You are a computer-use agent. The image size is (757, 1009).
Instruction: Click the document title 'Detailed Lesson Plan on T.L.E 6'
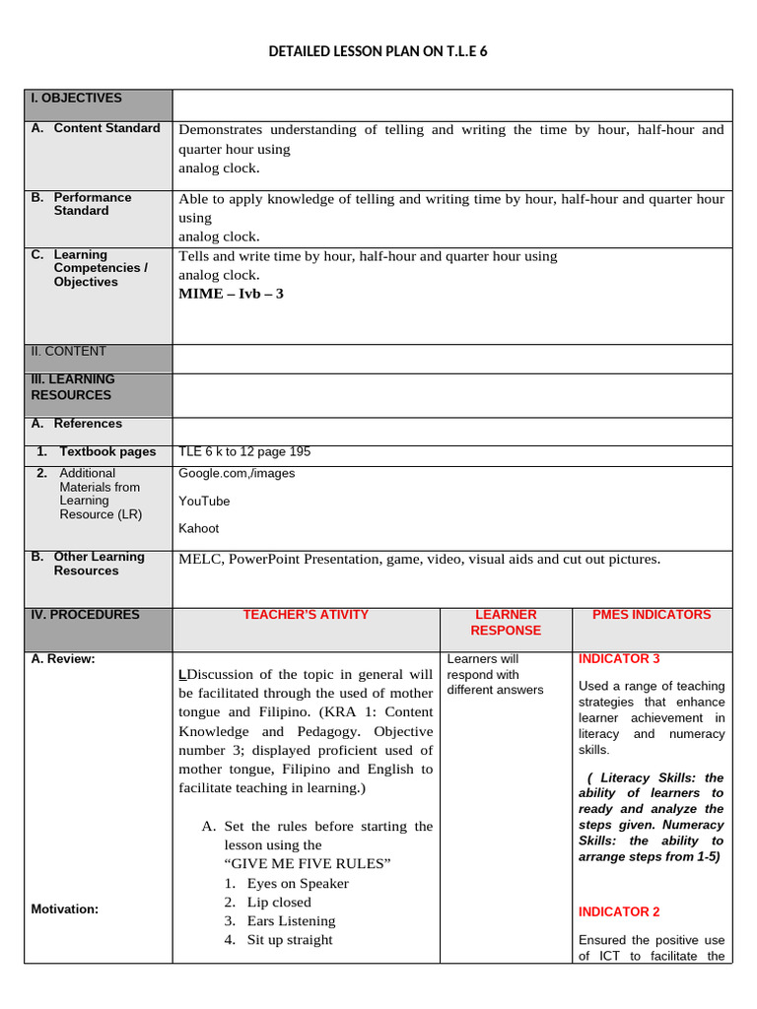pyautogui.click(x=378, y=50)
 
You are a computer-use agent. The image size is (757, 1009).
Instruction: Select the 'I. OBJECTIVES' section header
pyautogui.click(x=77, y=99)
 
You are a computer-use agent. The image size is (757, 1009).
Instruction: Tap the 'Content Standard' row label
pyautogui.click(x=106, y=128)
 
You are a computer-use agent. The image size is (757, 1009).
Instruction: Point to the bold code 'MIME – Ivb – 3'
pyautogui.click(x=231, y=294)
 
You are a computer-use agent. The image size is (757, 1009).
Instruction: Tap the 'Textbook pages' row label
pyautogui.click(x=107, y=452)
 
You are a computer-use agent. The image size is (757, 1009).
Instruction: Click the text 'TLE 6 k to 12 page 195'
pyautogui.click(x=244, y=452)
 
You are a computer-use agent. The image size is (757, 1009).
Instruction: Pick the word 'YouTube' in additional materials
pyautogui.click(x=204, y=501)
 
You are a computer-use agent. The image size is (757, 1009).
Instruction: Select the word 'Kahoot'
pyautogui.click(x=199, y=528)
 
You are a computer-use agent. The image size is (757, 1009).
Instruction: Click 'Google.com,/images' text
pyautogui.click(x=237, y=473)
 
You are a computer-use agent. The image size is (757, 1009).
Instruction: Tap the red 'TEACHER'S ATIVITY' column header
pyautogui.click(x=306, y=615)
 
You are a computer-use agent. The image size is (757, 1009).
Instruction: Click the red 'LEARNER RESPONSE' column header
pyautogui.click(x=506, y=623)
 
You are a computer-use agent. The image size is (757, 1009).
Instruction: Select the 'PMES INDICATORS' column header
pyautogui.click(x=651, y=615)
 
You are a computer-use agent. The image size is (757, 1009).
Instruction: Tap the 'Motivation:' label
pyautogui.click(x=65, y=909)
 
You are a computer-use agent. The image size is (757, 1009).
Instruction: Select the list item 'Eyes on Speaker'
pyautogui.click(x=298, y=884)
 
